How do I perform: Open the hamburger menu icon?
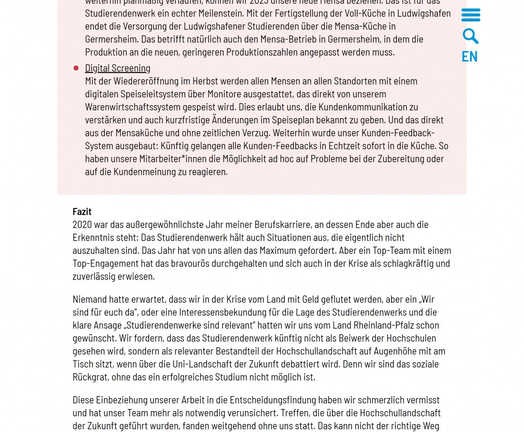(471, 15)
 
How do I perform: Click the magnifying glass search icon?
(470, 36)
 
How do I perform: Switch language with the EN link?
(469, 57)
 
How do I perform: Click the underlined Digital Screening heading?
(118, 68)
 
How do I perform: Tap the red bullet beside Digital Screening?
(76, 68)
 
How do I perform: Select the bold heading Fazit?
(82, 211)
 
